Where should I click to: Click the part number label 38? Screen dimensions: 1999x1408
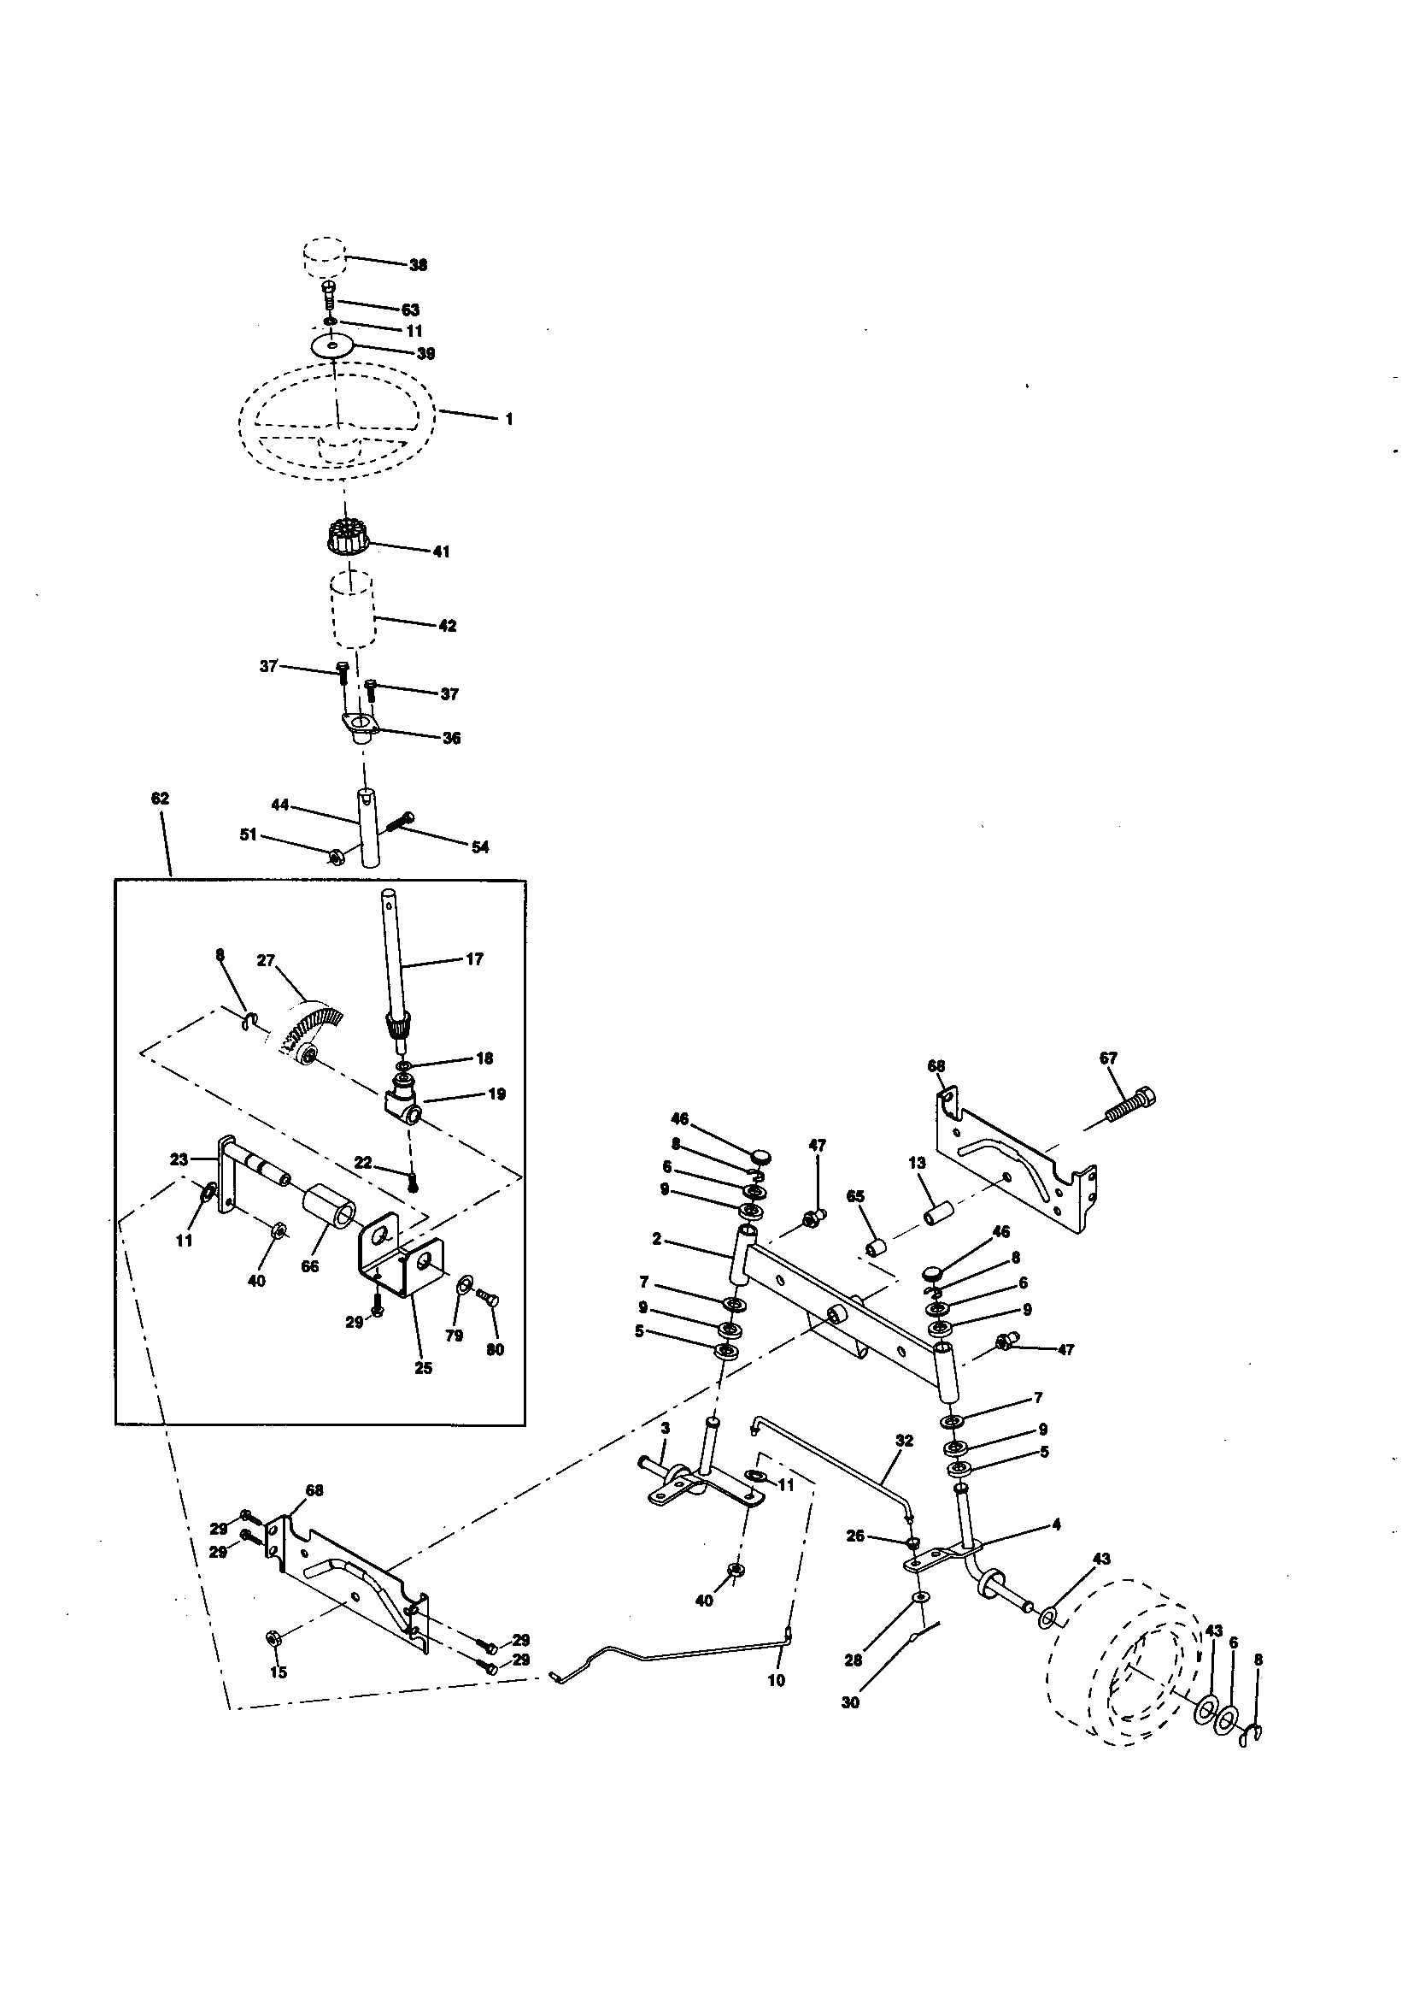419,265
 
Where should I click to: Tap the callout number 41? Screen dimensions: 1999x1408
441,551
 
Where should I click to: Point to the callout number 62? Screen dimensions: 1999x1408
160,799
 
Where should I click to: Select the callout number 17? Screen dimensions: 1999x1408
474,958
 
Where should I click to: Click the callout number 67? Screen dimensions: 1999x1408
1108,1058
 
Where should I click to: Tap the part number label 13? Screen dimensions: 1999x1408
918,1162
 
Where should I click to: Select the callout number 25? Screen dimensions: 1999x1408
423,1368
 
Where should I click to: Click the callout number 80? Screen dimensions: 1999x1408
495,1349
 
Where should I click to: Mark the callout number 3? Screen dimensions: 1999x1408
665,1429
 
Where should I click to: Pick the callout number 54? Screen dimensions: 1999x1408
480,846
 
